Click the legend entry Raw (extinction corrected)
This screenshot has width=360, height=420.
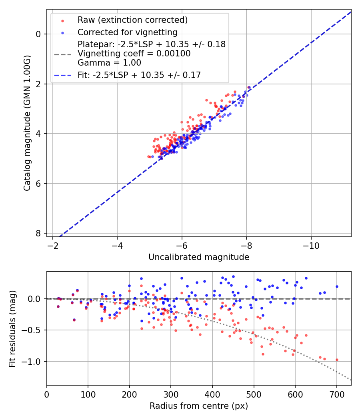pos(132,20)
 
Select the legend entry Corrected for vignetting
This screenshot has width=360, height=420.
pos(127,32)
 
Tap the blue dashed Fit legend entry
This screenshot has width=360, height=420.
pos(139,75)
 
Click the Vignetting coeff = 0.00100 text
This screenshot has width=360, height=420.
pos(134,54)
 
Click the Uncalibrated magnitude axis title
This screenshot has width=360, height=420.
pos(199,257)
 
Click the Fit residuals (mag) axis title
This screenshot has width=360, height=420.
pos(12,328)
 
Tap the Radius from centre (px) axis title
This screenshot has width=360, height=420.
pos(199,406)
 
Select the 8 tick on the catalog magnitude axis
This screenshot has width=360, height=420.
pos(38,233)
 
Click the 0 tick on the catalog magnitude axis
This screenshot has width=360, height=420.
pos(38,34)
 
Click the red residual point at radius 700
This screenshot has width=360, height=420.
pos(337,360)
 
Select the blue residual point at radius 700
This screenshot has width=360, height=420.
pos(337,286)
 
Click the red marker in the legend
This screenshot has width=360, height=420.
pos(62,20)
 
